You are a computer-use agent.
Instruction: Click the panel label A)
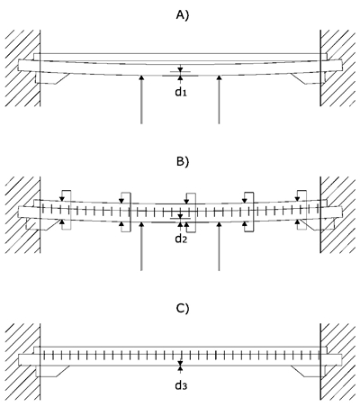click(183, 15)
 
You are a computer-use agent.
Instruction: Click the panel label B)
click(183, 161)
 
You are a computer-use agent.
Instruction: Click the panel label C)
click(183, 308)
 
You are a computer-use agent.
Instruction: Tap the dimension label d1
click(181, 92)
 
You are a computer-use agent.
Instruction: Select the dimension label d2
click(181, 239)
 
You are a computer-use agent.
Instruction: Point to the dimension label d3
click(181, 385)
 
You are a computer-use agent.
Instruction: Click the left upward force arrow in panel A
click(141, 99)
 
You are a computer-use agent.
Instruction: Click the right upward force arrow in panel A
click(219, 99)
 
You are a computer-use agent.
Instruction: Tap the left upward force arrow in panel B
click(141, 246)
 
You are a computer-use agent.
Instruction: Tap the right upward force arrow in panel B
click(219, 246)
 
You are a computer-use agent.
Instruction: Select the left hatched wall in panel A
click(22, 68)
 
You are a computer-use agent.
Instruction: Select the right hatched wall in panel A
click(337, 68)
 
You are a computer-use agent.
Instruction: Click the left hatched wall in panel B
click(22, 215)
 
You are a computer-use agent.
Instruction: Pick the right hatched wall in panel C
click(337, 362)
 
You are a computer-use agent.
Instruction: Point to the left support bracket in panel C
click(51, 371)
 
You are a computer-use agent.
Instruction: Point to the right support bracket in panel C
click(308, 371)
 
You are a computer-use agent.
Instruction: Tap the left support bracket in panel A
click(51, 78)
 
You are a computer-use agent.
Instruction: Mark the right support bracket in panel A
click(308, 78)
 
